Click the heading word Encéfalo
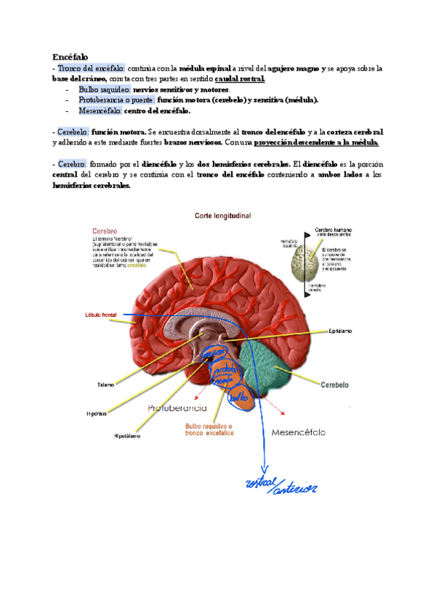[x=70, y=57]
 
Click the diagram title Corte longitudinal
[x=222, y=215]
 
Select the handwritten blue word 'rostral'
[x=263, y=484]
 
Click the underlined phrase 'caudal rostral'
[x=241, y=79]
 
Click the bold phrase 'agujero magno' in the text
[x=296, y=68]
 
